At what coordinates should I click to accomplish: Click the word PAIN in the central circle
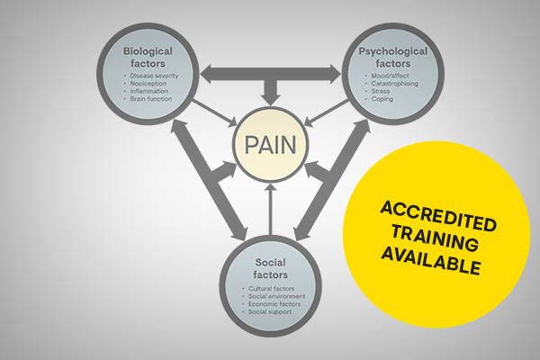click(271, 145)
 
